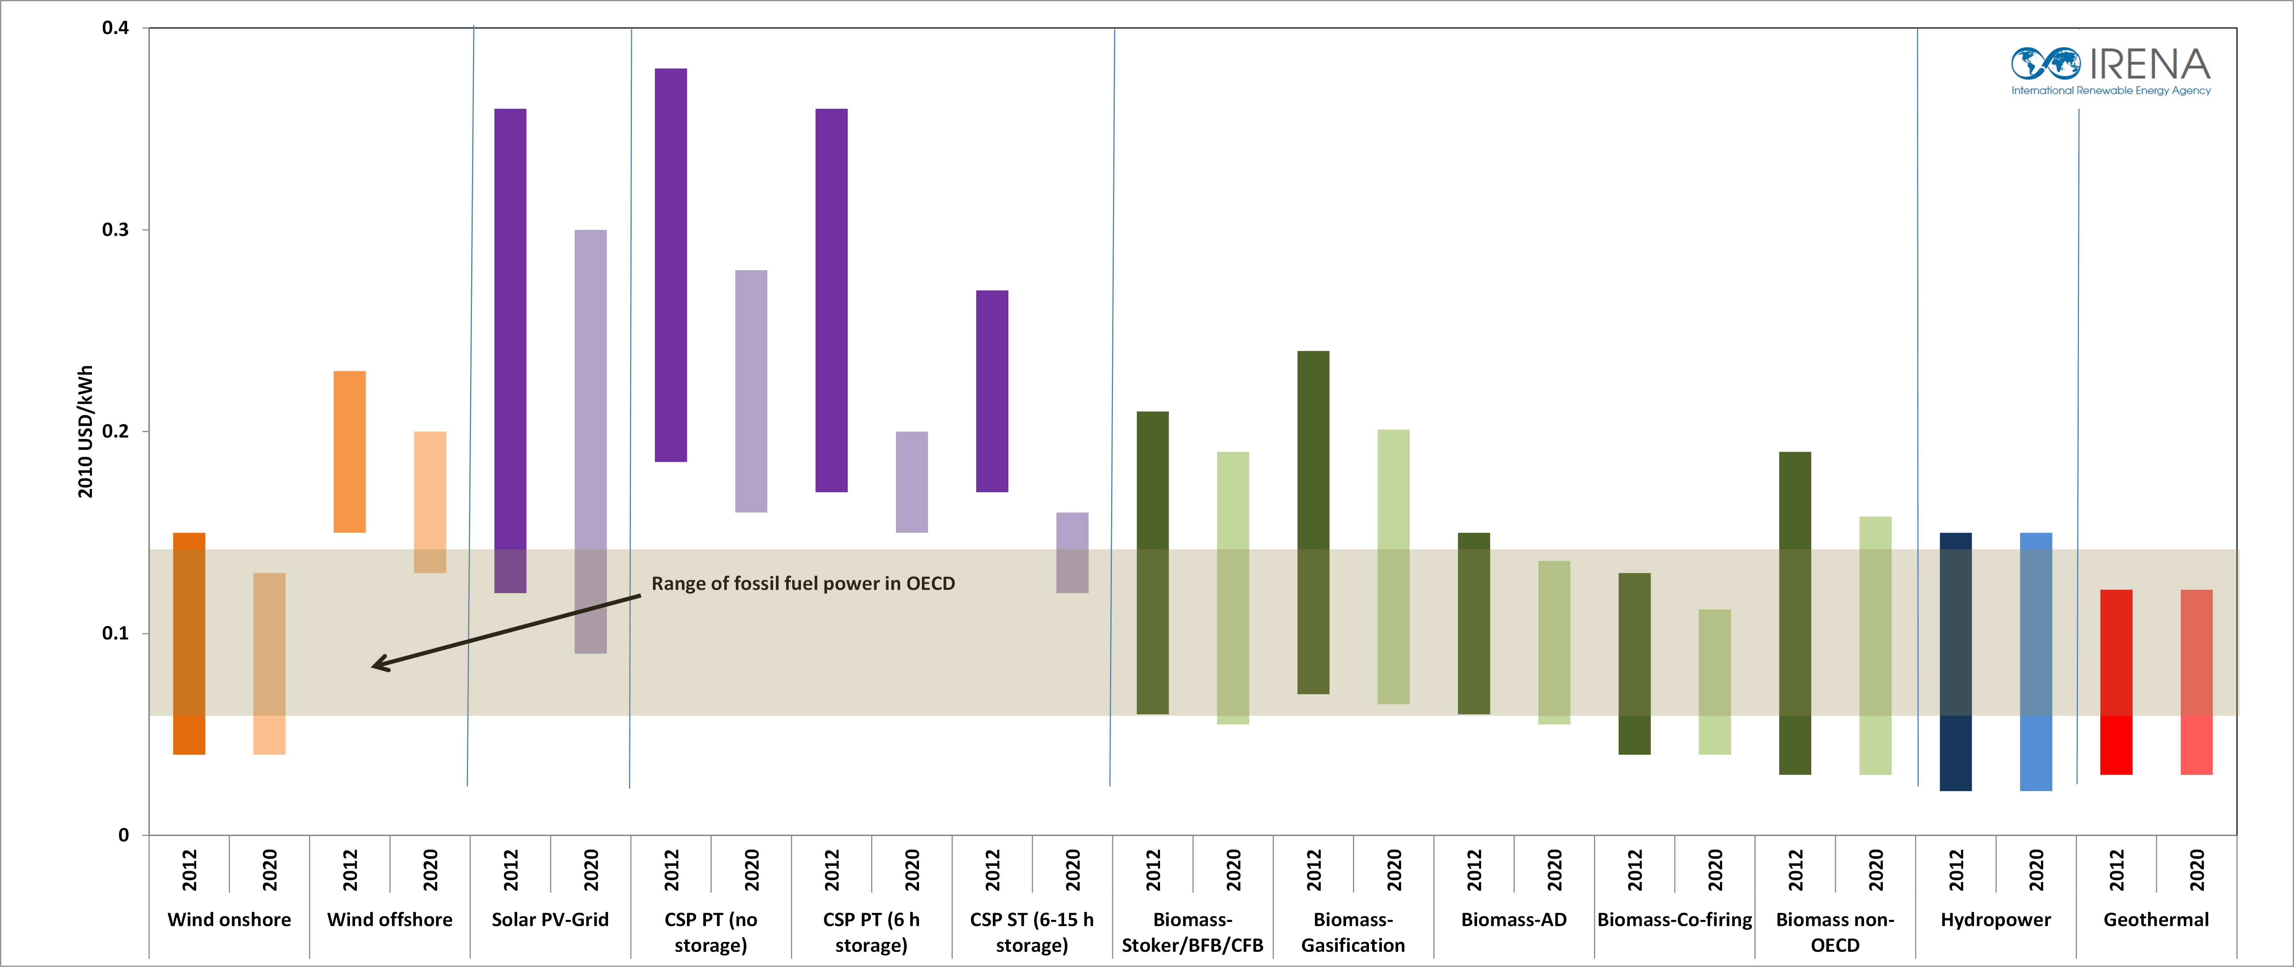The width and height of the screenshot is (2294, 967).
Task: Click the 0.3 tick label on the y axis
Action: (116, 230)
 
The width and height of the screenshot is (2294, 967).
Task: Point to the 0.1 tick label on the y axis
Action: (116, 633)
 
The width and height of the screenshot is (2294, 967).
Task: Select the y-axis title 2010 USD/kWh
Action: (85, 432)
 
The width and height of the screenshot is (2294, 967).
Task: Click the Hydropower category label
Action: (1996, 920)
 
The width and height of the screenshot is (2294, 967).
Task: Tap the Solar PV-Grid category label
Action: (551, 920)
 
